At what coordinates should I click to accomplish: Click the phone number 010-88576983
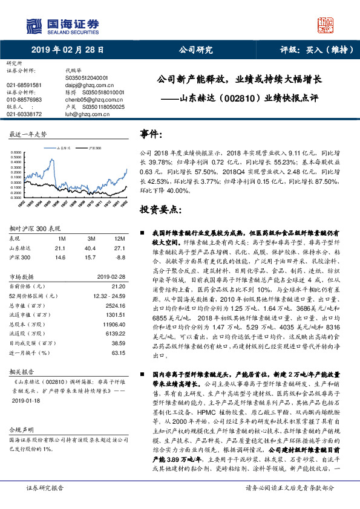(x=24, y=99)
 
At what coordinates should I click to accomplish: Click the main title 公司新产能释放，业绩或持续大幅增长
(x=240, y=79)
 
